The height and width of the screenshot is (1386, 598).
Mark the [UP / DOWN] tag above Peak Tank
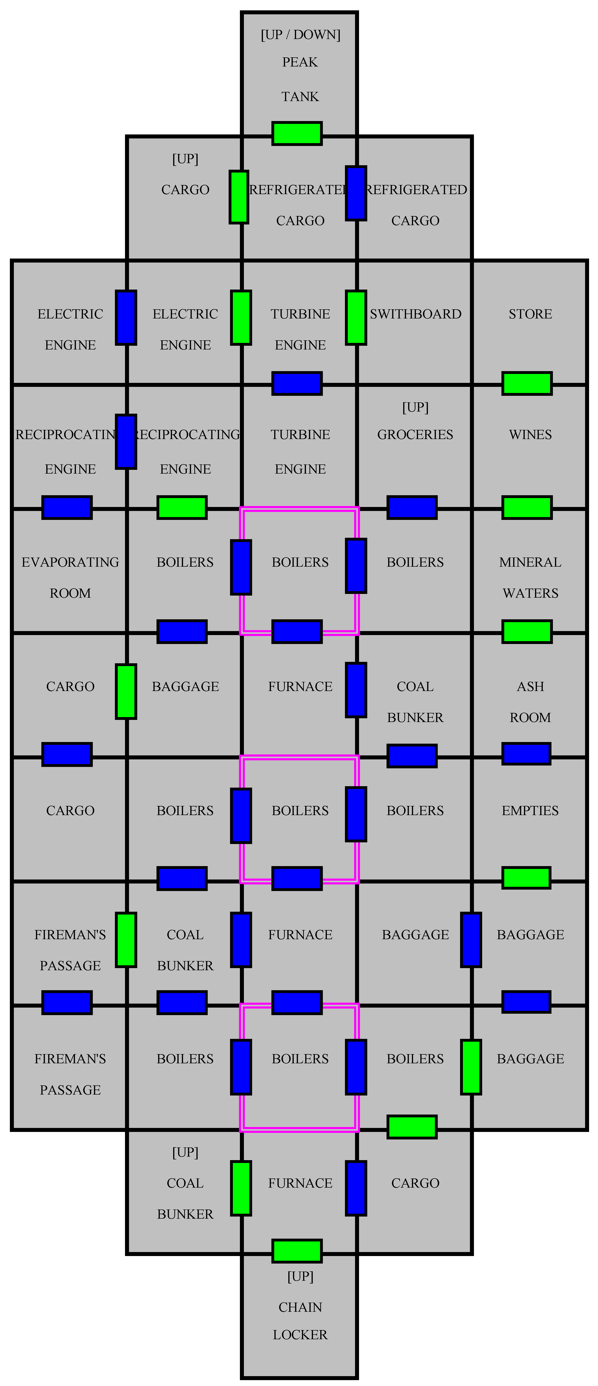click(300, 35)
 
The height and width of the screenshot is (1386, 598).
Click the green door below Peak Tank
click(297, 133)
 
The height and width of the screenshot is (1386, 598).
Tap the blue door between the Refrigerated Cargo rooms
click(356, 193)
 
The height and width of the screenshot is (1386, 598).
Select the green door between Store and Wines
click(527, 383)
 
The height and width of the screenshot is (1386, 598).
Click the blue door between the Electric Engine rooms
click(126, 318)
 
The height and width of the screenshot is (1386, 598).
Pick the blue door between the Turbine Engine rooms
click(297, 383)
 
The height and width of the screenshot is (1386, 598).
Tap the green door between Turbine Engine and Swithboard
click(356, 318)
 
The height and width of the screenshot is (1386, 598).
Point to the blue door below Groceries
click(412, 507)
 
